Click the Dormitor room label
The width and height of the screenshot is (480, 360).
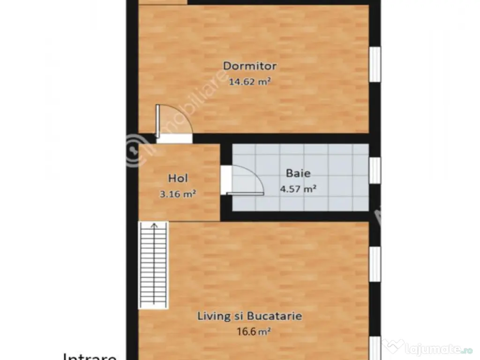(x=249, y=66)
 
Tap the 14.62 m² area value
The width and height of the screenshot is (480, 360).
(x=250, y=82)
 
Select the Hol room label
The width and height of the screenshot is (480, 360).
(x=178, y=178)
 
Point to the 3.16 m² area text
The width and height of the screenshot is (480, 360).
(x=178, y=194)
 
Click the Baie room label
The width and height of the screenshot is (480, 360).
(x=298, y=173)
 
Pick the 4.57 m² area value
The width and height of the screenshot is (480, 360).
(x=298, y=189)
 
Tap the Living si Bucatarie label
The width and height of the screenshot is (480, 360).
(x=249, y=316)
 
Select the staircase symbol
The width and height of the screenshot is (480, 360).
(x=153, y=265)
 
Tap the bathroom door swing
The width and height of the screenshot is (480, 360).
(x=246, y=180)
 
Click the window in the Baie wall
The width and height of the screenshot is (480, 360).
(x=375, y=170)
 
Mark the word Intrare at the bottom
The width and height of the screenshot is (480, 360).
(x=90, y=356)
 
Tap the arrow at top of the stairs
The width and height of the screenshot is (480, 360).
(x=153, y=227)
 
